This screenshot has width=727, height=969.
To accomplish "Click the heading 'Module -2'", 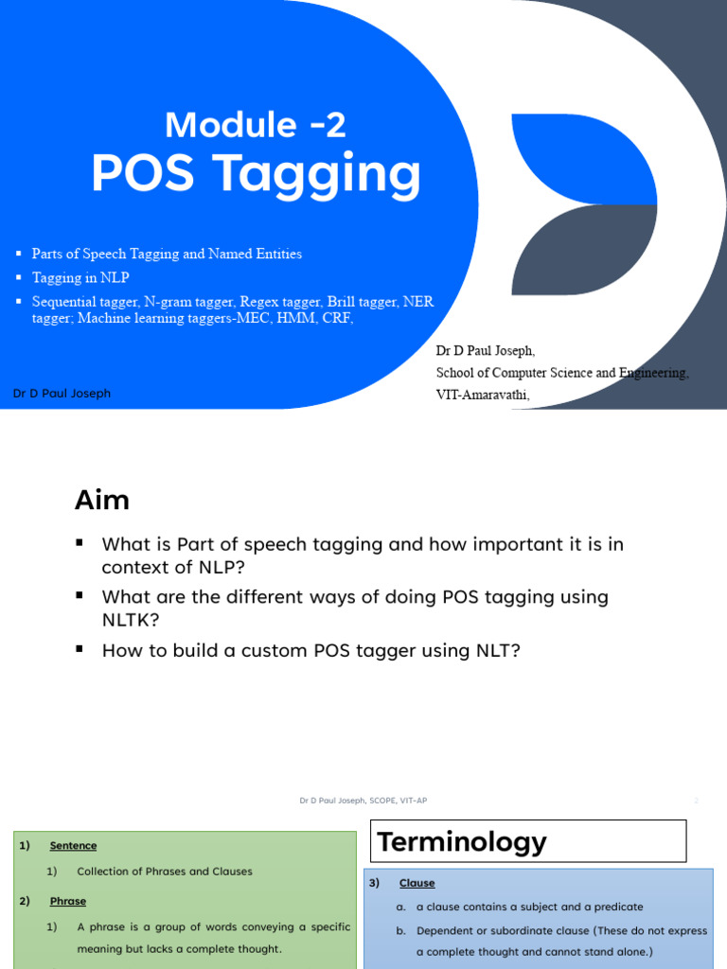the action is point(256,125).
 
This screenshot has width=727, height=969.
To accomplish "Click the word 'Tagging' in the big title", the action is point(317,175).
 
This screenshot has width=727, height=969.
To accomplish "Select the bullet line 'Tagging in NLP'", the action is point(80,277).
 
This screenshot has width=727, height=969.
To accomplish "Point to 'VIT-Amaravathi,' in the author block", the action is point(483,395).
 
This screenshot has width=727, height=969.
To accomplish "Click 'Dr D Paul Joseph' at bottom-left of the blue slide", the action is point(62,393).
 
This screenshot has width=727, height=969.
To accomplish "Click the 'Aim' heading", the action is point(102,500).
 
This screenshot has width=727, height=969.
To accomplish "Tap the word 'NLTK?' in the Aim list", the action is point(131,619).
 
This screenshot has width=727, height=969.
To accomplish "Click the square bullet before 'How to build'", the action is point(80,648).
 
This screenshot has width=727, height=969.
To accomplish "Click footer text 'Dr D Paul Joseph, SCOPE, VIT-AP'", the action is point(363,801).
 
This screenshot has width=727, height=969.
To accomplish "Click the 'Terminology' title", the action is point(462,841).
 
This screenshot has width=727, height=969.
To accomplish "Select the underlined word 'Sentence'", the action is point(73,846).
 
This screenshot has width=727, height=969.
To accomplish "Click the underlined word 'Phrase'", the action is point(68,901).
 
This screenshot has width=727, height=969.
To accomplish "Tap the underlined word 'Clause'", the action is point(417,883).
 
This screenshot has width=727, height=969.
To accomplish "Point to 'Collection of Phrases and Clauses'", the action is point(165,872).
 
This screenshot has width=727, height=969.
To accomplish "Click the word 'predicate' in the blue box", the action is point(618,907).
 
